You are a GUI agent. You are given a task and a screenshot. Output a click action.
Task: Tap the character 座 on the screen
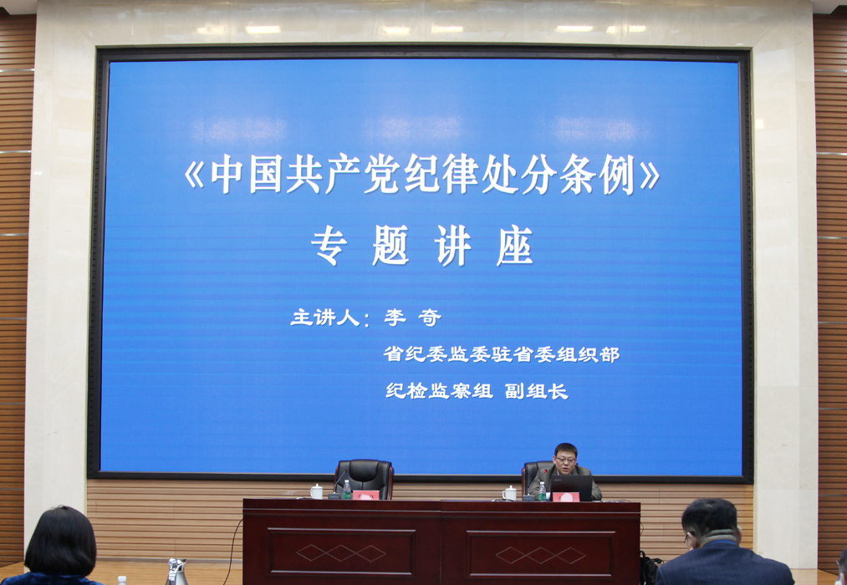point(515,246)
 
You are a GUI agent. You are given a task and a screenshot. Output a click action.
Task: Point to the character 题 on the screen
point(390,246)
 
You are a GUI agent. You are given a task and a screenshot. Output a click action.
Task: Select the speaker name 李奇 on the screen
point(413,318)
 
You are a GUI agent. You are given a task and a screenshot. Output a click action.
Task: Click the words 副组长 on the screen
point(537,391)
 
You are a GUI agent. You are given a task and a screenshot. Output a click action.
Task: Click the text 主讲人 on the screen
point(324,318)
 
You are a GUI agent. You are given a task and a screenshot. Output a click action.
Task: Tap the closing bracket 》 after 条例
point(650,175)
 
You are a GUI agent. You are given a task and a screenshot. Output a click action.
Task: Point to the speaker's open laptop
point(572,487)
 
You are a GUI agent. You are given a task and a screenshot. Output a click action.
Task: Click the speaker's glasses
point(565,460)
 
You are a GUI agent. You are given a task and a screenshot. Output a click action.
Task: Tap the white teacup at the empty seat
point(317,491)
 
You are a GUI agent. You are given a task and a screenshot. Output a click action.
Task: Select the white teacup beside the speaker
point(509,493)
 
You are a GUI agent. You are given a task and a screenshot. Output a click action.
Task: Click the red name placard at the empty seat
point(365,495)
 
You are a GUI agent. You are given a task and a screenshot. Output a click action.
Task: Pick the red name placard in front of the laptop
point(565,497)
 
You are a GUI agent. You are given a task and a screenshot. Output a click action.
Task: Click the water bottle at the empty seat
point(347,490)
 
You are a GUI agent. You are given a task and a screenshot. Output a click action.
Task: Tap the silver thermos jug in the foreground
point(176,572)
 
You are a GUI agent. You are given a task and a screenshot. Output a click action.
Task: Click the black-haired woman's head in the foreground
point(60,542)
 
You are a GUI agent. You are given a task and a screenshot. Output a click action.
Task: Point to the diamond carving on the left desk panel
point(341,552)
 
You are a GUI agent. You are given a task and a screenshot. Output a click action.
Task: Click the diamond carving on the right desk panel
point(541,555)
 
